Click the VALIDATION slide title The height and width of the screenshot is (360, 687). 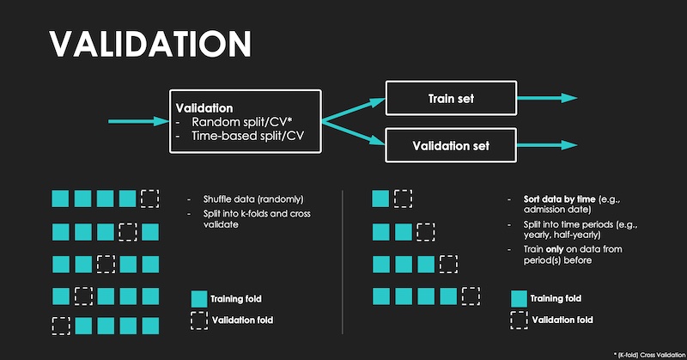pos(150,44)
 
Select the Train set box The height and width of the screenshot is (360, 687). pos(451,98)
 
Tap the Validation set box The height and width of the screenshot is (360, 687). pos(451,145)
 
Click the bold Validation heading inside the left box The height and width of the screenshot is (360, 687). pos(204,108)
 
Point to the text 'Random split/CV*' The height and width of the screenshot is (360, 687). pos(242,122)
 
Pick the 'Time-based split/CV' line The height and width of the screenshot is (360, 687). pos(247,136)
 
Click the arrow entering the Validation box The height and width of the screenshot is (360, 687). pos(138,121)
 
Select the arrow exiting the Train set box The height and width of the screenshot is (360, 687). pos(547,98)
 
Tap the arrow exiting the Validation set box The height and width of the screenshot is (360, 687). pos(547,145)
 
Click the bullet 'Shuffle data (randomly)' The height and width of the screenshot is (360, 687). pos(253,199)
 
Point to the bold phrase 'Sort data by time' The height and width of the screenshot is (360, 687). pos(560,199)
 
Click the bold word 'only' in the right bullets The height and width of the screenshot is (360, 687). pos(554,249)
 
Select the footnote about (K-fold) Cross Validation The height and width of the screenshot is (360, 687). pos(650,355)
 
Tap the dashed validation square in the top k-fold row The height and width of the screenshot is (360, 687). pos(149,198)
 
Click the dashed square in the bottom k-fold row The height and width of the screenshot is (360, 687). pos(61,326)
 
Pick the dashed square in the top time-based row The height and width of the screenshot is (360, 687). pos(403,198)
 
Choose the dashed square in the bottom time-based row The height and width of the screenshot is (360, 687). pos(471,296)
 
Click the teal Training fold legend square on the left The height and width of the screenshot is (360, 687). pos(199,299)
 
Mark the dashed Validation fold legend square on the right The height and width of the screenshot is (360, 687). pos(519,320)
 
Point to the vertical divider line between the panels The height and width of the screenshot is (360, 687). pos(342,262)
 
